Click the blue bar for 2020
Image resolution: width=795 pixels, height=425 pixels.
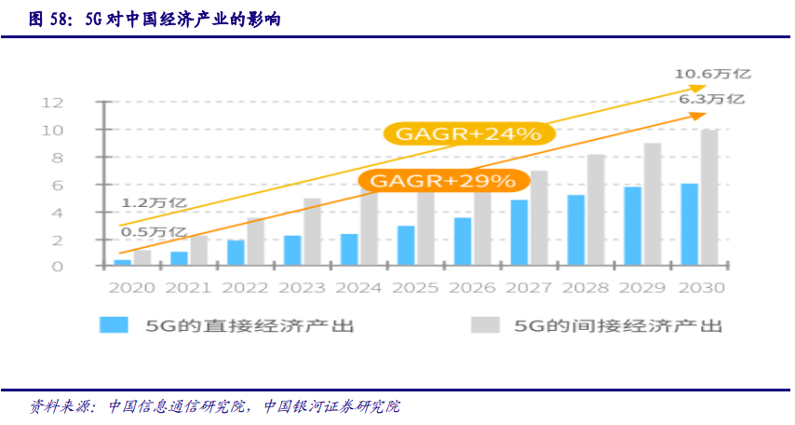pos(122,263)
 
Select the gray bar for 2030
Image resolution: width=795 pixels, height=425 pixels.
pos(709,199)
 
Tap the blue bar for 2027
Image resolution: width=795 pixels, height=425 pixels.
pos(519,233)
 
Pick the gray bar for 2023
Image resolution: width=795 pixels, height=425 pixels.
pos(313,232)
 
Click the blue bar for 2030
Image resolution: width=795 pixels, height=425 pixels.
pos(689,225)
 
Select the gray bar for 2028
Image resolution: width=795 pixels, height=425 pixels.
pos(596,211)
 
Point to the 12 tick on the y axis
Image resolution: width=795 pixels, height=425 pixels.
pos(77,102)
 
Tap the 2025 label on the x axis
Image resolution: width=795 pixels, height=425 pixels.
pos(415,288)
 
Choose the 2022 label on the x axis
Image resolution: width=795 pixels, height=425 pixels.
pos(246,288)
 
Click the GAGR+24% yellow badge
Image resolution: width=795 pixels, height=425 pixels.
pos(469,134)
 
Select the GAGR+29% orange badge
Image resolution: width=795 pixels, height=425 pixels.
pos(442,181)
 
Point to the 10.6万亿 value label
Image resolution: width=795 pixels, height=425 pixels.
pos(713,74)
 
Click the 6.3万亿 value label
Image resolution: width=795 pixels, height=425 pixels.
pos(711,99)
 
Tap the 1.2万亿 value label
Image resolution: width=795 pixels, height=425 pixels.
pos(154,202)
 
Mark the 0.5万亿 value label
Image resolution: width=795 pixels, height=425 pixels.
pos(154,231)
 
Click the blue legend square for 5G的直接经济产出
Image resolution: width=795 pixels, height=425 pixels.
pos(115,325)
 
